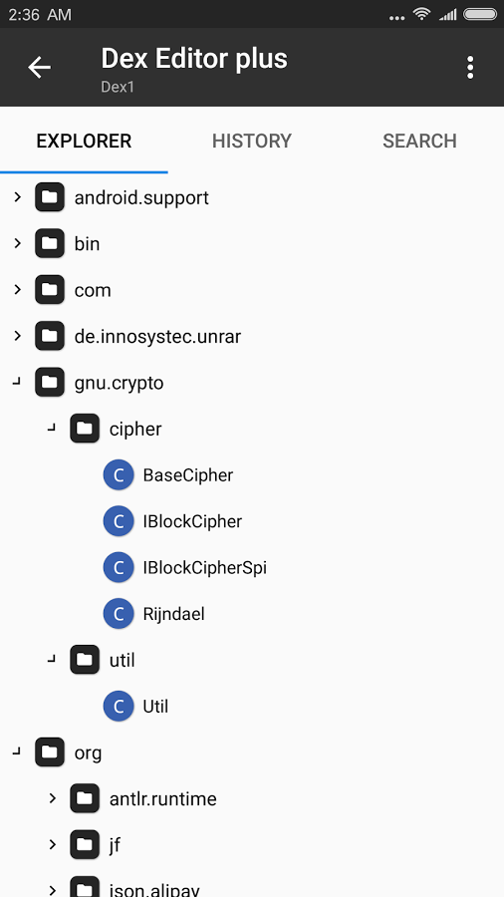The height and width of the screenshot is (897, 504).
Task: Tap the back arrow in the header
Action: click(40, 68)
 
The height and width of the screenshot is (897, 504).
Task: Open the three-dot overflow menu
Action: click(470, 68)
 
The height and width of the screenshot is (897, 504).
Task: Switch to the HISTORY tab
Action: click(252, 141)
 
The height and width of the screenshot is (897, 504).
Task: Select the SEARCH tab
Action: click(419, 141)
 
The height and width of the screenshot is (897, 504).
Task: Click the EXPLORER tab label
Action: click(84, 141)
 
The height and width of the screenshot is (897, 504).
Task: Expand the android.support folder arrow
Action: click(17, 197)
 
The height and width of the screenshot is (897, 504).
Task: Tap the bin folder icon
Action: click(49, 244)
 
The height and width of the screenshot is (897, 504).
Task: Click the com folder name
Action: click(93, 291)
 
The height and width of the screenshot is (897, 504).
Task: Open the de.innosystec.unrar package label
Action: click(157, 337)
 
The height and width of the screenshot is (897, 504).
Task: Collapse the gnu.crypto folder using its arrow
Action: click(17, 382)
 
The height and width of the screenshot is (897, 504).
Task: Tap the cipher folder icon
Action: click(85, 429)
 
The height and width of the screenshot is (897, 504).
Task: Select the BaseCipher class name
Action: click(188, 475)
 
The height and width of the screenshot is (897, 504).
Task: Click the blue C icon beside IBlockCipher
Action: click(119, 521)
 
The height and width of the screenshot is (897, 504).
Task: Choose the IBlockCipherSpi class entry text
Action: click(204, 568)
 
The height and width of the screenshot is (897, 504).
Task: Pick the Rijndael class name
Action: click(173, 614)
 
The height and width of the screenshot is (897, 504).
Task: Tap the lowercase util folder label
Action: click(123, 660)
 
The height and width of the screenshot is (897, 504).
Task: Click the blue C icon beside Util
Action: click(119, 707)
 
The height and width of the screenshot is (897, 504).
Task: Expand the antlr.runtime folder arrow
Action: click(53, 798)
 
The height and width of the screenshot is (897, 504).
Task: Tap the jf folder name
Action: click(115, 845)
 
